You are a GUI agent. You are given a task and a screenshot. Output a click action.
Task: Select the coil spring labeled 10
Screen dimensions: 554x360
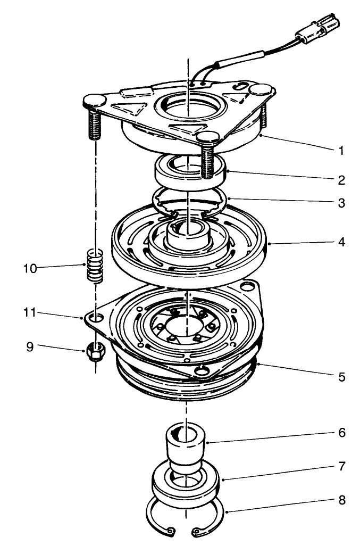pyautogui.click(x=94, y=265)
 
